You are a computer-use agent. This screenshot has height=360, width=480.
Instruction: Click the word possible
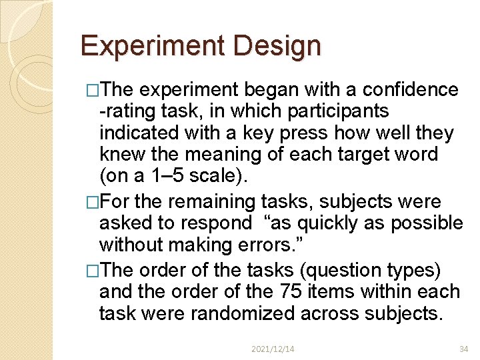click(425, 223)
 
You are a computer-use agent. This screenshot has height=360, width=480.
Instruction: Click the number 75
click(286, 291)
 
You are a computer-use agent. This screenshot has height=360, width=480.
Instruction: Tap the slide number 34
click(464, 348)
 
